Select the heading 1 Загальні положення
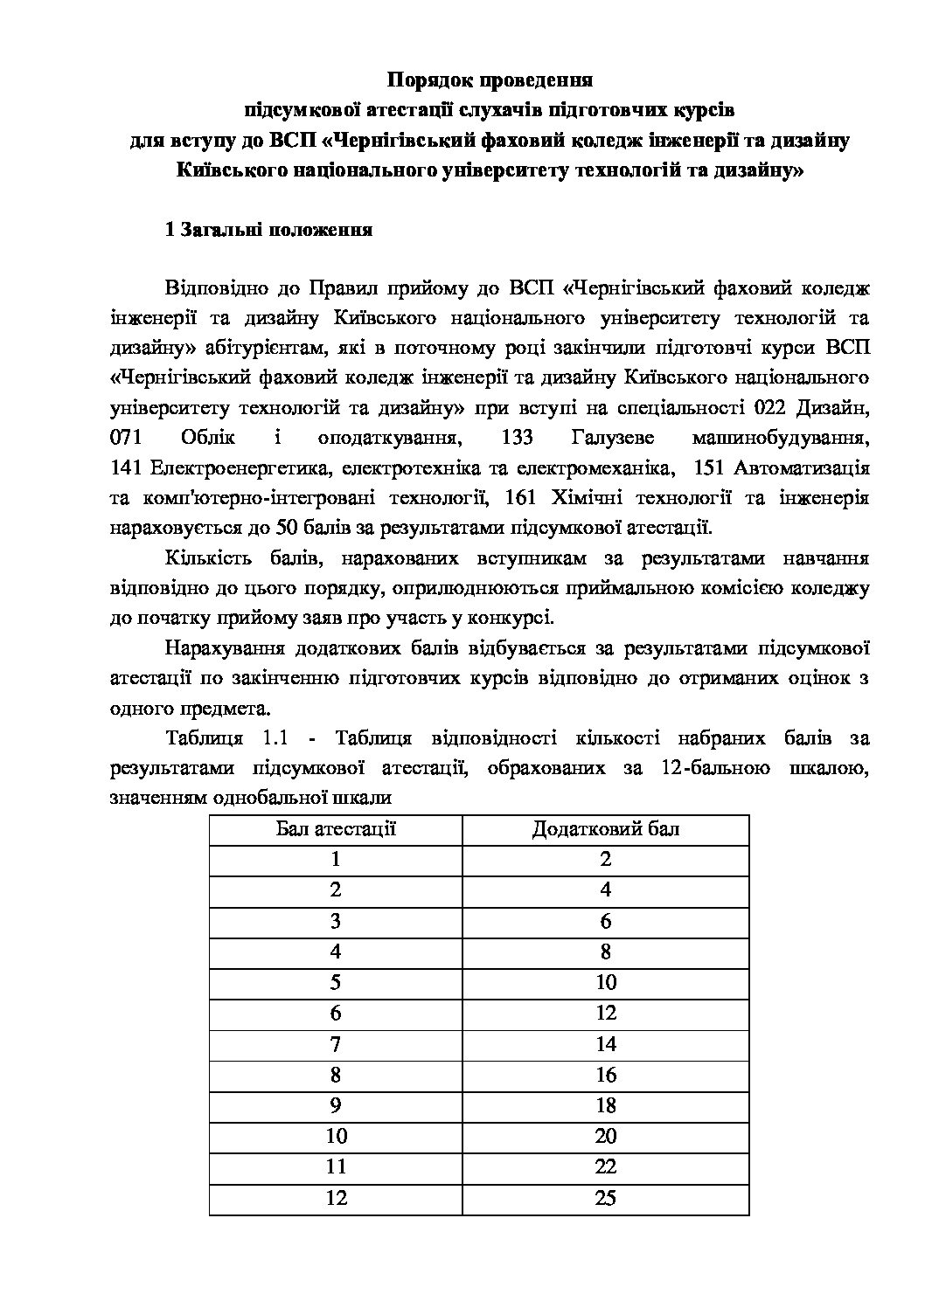[x=269, y=231]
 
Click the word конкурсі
[x=514, y=619]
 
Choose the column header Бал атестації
[x=336, y=828]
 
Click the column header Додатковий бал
[x=605, y=828]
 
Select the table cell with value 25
[x=605, y=1198]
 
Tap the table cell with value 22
[x=605, y=1167]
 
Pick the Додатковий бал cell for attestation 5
[x=605, y=982]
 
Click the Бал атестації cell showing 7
[x=336, y=1044]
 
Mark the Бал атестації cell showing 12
[x=336, y=1198]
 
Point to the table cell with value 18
[x=605, y=1105]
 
